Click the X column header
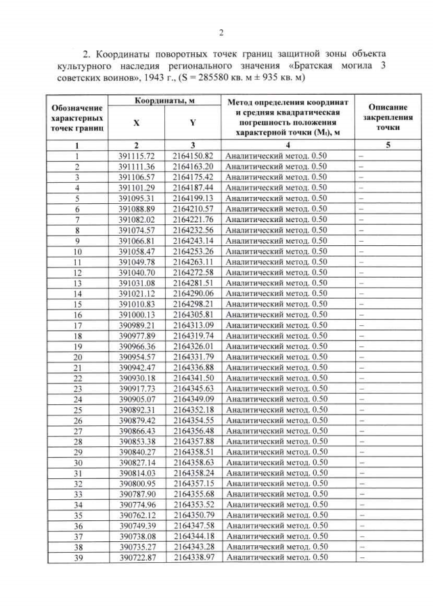pos(137,123)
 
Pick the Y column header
pos(193,123)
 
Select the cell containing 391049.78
pos(137,261)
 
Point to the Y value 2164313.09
pos(193,325)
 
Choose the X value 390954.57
pos(137,357)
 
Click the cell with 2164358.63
pos(193,462)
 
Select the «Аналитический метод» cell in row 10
pos(277,251)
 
